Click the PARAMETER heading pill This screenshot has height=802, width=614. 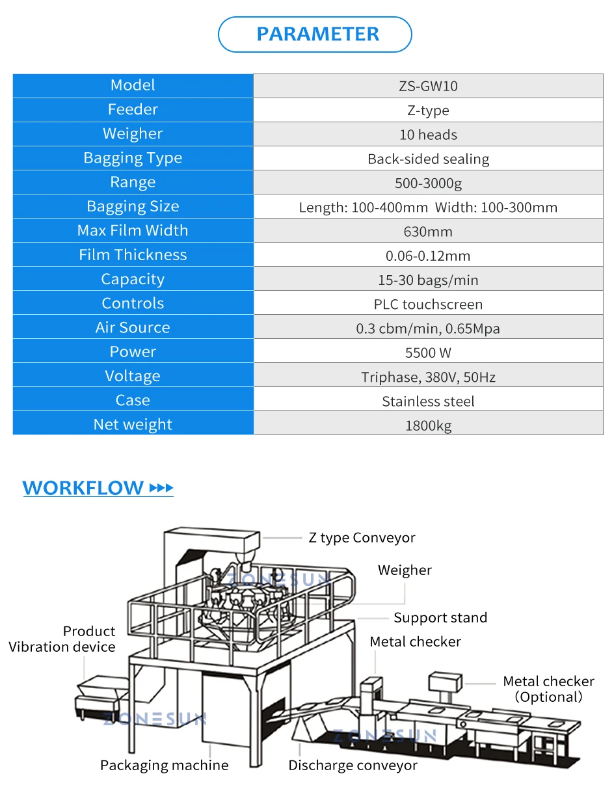click(x=315, y=34)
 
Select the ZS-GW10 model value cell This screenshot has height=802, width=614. click(x=428, y=86)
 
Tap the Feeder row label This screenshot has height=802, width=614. click(x=133, y=109)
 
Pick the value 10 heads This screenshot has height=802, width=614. click(x=428, y=135)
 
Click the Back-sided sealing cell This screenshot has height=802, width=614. click(x=428, y=159)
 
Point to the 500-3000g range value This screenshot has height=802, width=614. click(x=428, y=183)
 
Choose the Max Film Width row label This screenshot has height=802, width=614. click(x=133, y=230)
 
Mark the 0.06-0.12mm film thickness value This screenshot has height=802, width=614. click(x=428, y=256)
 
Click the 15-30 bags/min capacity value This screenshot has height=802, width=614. click(x=428, y=280)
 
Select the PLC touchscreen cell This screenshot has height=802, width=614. click(x=428, y=304)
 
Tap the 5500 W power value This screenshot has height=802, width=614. click(x=428, y=353)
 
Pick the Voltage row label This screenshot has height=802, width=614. click(x=133, y=376)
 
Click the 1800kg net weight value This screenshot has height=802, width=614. click(x=428, y=425)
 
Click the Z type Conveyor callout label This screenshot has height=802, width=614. click(x=362, y=538)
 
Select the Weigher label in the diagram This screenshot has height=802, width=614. click(x=405, y=570)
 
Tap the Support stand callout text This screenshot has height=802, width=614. click(x=440, y=618)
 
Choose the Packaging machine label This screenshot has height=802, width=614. click(x=164, y=766)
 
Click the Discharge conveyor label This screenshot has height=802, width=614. click(x=353, y=766)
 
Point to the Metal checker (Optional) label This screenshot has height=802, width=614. click(x=548, y=689)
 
